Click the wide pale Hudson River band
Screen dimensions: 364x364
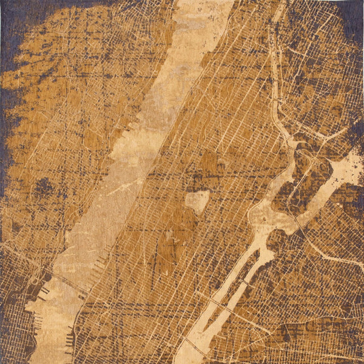[121, 182]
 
